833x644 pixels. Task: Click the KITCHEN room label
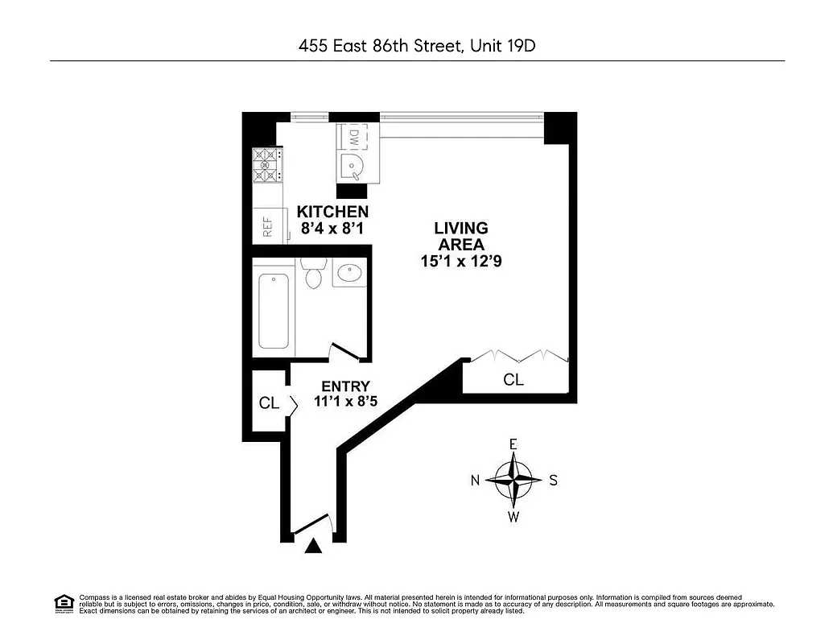[x=332, y=212]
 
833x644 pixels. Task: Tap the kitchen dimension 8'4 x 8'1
[x=332, y=229]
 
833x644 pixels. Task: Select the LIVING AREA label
[x=461, y=236]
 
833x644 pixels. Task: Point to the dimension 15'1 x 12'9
[x=461, y=261]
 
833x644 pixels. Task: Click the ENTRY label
[x=345, y=386]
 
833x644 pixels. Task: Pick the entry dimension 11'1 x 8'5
[x=345, y=402]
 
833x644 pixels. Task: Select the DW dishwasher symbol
[x=353, y=138]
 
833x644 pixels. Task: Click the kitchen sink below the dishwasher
[x=353, y=167]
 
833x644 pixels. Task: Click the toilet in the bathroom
[x=314, y=274]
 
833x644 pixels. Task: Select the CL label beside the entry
[x=269, y=403]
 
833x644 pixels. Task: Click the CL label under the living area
[x=513, y=380]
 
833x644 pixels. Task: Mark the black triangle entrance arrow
[x=314, y=547]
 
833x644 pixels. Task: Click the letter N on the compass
[x=475, y=481]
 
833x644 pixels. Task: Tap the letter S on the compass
[x=553, y=481]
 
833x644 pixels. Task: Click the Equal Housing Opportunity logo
[x=64, y=602]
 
